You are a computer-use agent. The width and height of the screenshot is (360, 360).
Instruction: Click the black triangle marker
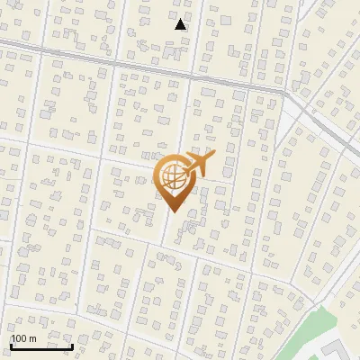[x=181, y=24]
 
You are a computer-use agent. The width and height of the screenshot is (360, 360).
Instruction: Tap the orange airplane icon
[x=196, y=164]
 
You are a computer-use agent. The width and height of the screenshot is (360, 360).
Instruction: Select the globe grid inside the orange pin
[x=173, y=178]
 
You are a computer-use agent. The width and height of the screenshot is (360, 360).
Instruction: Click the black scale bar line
[x=41, y=346]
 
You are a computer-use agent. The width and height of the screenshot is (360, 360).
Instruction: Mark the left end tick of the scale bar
[x=11, y=344]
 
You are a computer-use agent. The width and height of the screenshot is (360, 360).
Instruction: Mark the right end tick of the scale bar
[x=72, y=344]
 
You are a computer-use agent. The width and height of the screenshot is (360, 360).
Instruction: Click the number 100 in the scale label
[x=19, y=338]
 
